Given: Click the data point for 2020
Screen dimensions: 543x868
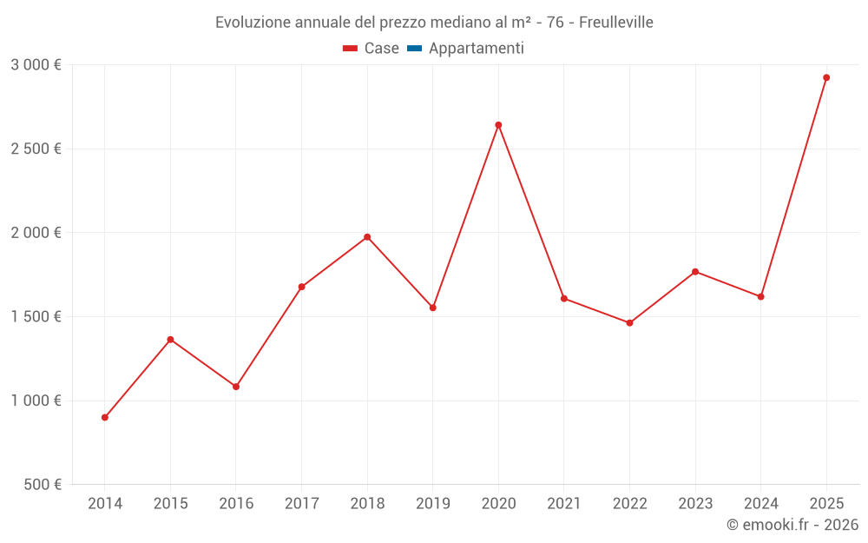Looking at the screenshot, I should pos(498,125).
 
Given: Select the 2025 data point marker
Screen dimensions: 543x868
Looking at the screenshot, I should pos(826,77).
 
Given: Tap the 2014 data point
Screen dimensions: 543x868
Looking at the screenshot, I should pos(105,417).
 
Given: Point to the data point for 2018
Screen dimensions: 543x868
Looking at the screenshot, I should pos(367,237).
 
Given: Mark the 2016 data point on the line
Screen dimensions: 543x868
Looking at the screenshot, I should pos(236,387).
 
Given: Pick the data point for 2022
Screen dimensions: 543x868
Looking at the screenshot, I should pos(629,323).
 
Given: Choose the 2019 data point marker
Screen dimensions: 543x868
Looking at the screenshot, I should pos(432,308).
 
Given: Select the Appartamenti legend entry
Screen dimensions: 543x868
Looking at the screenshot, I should pos(476,49).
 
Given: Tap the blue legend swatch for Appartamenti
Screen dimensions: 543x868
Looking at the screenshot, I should pos(414,49).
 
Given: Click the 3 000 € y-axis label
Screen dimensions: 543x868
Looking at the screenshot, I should pos(36,65).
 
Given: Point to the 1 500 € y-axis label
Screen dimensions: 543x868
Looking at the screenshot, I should pos(36,316).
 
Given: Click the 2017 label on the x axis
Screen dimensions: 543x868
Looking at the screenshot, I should pos(301,503).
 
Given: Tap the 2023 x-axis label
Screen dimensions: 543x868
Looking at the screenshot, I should pos(695,503).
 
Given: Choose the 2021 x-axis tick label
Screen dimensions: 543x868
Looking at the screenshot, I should pos(564,503).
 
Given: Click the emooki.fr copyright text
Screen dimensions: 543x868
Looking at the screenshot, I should pos(792,525).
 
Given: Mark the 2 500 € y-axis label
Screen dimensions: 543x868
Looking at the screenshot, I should pos(36,149).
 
